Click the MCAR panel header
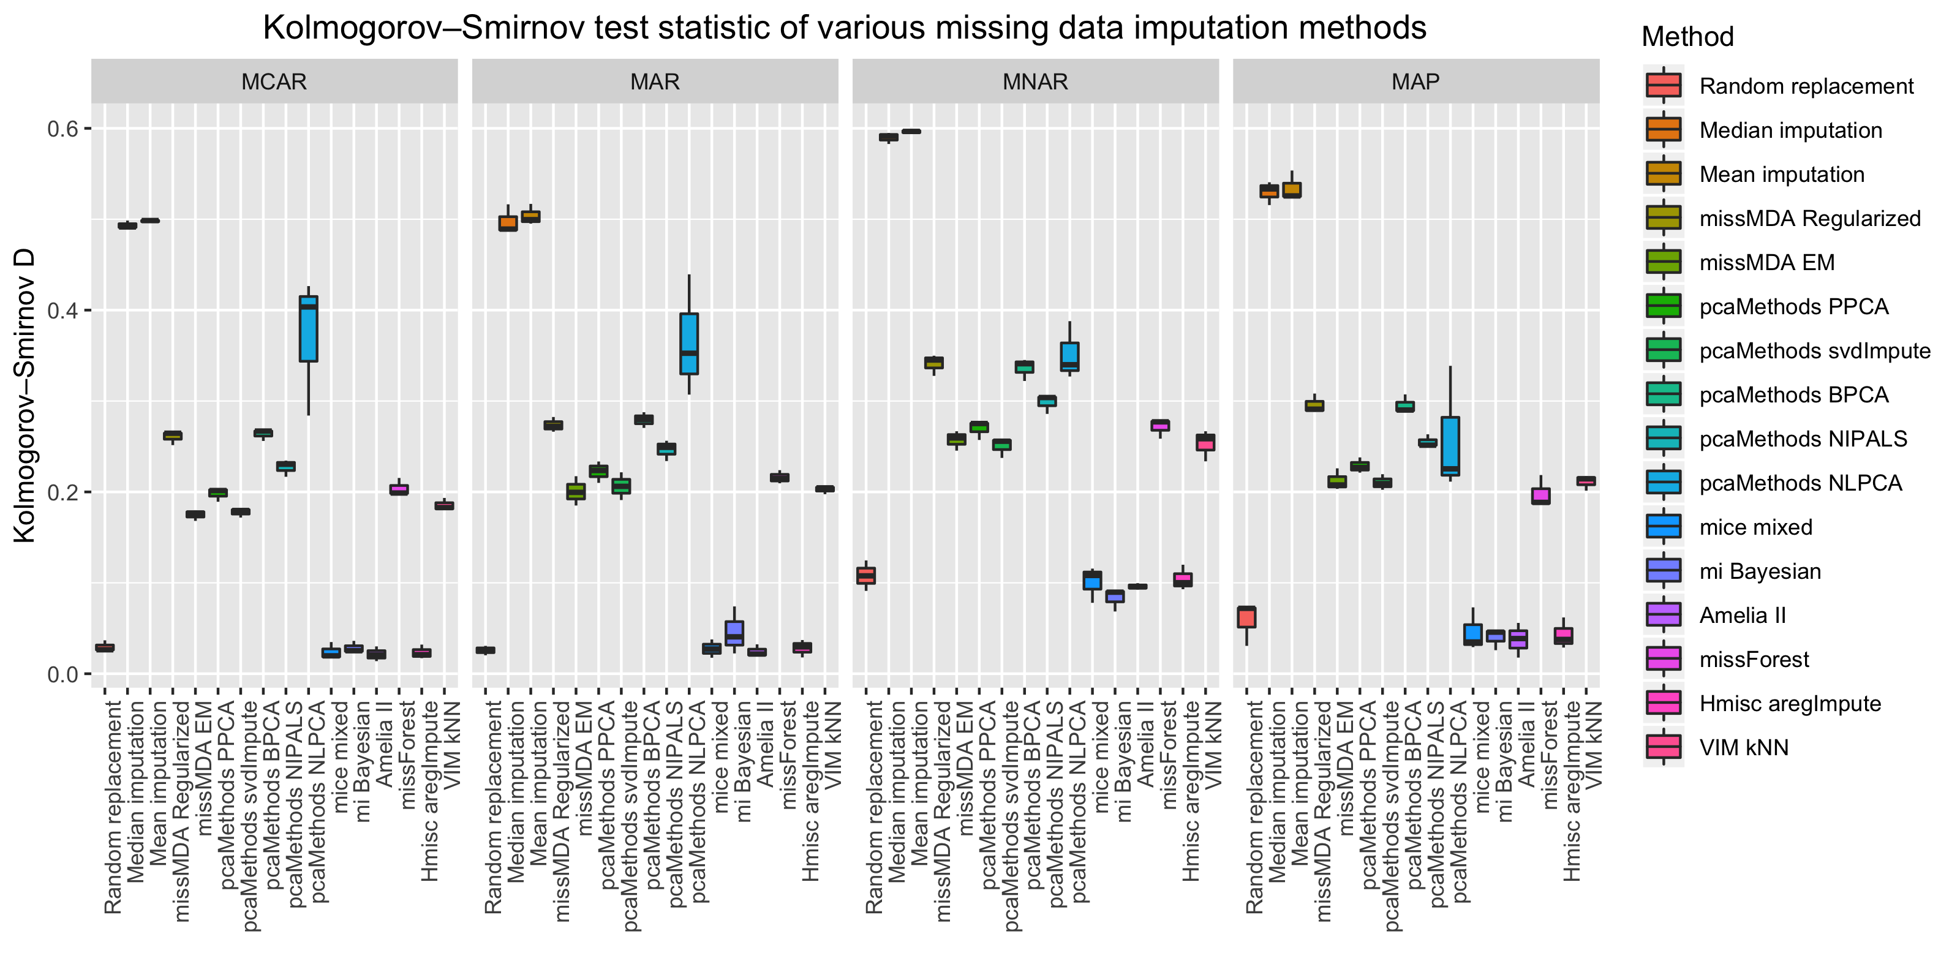[x=274, y=81]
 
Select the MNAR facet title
[x=1035, y=81]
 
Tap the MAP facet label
[x=1415, y=81]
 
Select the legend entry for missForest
[x=1754, y=660]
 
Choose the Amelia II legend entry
[x=1743, y=616]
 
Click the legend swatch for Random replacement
[x=1664, y=85]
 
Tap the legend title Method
[x=1687, y=37]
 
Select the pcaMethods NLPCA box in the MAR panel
[x=689, y=344]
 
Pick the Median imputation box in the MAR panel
[x=508, y=223]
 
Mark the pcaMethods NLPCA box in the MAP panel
[x=1450, y=446]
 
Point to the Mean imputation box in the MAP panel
[x=1291, y=190]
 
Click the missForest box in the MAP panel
[x=1541, y=496]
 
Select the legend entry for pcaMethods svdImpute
[x=1815, y=351]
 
